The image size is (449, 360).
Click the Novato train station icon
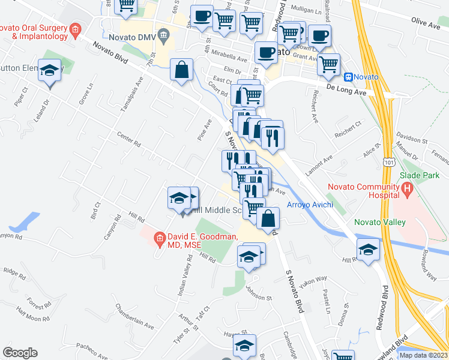(348, 77)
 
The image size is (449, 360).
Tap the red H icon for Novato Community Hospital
(408, 191)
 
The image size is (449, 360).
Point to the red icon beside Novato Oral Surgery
(75, 29)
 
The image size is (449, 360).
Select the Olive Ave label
(426, 23)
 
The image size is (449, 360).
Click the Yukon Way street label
(314, 279)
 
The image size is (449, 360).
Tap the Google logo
(20, 353)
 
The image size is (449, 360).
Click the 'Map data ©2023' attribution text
(424, 355)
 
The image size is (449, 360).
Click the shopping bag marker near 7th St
(181, 71)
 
